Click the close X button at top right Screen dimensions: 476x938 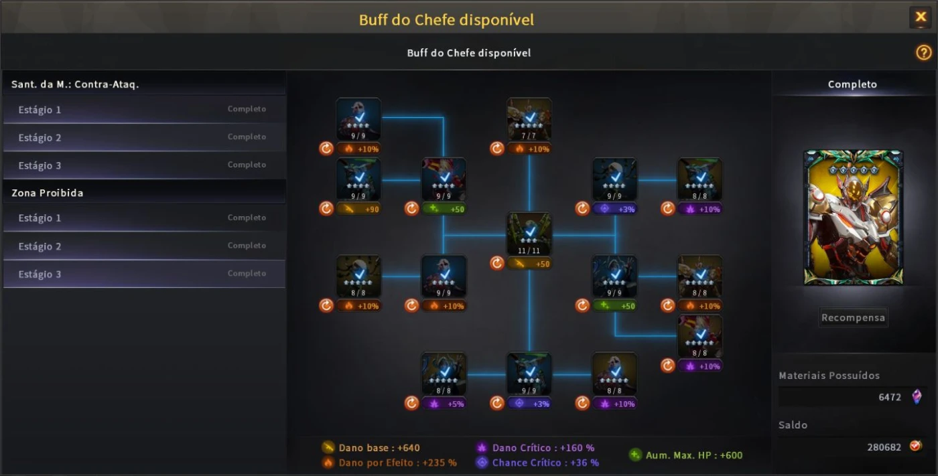point(921,17)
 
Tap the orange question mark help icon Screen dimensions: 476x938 point(923,53)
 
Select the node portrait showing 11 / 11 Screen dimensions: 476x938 point(529,234)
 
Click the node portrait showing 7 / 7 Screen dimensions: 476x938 point(529,119)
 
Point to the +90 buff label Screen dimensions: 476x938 point(358,209)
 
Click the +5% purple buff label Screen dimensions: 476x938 point(444,404)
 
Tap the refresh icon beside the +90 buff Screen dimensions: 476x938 point(326,209)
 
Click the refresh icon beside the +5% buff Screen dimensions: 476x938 point(411,403)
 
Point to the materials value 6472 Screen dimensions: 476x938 point(890,397)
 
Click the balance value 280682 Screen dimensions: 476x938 point(884,447)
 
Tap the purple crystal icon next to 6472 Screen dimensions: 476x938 point(917,397)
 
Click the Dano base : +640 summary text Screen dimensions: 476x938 point(379,448)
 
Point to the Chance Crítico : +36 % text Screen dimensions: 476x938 point(545,463)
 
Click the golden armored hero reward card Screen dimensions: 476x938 point(853,218)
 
